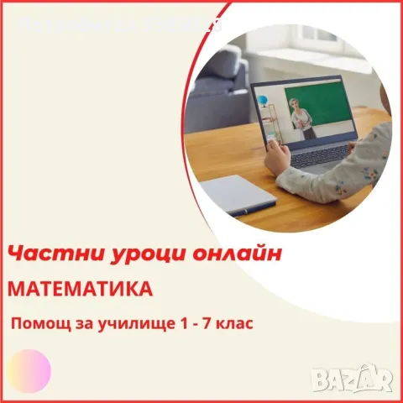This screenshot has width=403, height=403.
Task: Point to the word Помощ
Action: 36,322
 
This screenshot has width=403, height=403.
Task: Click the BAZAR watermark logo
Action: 352,380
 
